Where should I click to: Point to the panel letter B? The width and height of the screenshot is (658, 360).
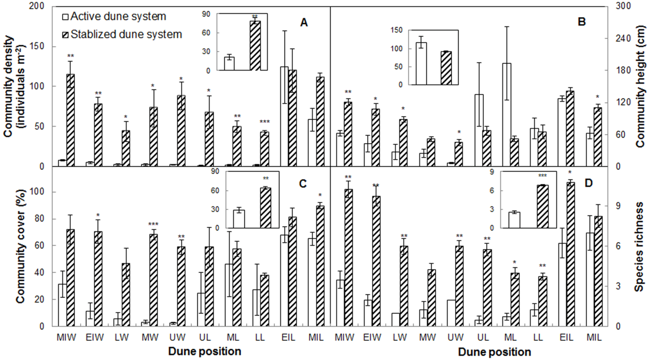point(581,22)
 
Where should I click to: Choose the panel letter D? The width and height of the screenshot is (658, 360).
point(581,183)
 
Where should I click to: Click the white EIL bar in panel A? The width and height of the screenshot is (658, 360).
point(285,116)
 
